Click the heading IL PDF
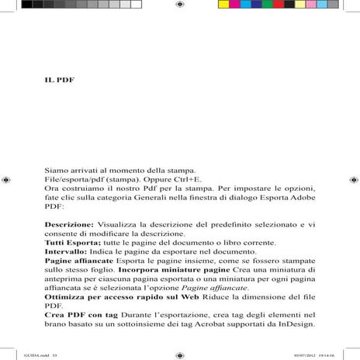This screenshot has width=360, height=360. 58,81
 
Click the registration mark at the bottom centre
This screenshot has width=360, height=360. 180,354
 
